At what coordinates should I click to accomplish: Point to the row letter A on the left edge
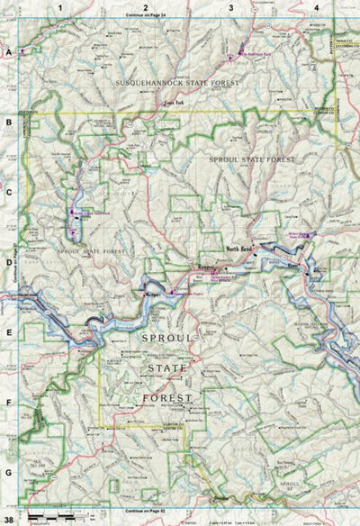tap(8, 53)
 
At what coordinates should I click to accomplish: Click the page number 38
tap(9, 520)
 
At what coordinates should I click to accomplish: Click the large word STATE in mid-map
tap(162, 367)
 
